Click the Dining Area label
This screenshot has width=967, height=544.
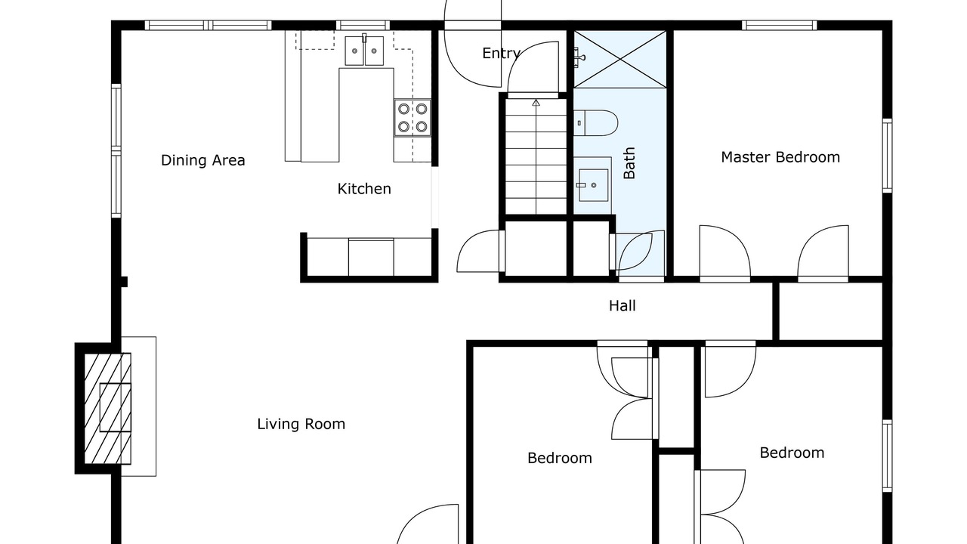(203, 160)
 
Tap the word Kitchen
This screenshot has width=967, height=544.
(364, 189)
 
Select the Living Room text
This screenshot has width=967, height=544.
(301, 424)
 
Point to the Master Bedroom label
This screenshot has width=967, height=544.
(780, 157)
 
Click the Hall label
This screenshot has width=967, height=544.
(622, 306)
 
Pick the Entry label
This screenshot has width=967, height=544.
(501, 54)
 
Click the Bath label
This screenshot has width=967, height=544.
(629, 162)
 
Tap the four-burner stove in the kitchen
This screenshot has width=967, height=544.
(412, 118)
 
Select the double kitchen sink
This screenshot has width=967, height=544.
(364, 51)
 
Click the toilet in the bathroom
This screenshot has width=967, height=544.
(596, 123)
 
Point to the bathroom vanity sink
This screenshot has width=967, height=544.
(593, 185)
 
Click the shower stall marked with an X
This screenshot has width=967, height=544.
(620, 59)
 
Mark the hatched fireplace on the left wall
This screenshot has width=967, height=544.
(107, 409)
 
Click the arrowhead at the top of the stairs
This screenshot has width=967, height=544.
(536, 102)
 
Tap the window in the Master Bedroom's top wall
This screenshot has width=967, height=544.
(780, 26)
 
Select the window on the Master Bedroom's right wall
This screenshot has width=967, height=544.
(887, 156)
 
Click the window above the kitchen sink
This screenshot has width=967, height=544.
(363, 26)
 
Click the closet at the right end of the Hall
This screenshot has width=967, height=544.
(830, 311)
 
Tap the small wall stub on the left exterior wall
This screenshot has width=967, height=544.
(124, 282)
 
